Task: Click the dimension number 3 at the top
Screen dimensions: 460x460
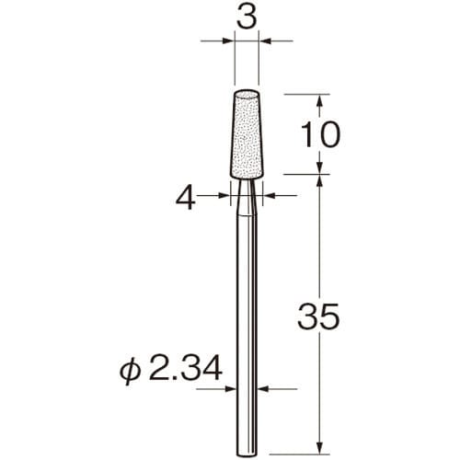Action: click(247, 18)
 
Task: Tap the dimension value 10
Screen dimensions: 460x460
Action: click(321, 134)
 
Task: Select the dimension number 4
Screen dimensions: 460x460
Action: click(186, 198)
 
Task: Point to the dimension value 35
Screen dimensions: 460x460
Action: click(318, 316)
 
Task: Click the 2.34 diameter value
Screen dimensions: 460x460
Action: click(185, 368)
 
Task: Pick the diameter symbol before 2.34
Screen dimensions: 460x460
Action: click(130, 371)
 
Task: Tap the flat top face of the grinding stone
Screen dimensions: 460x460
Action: click(247, 94)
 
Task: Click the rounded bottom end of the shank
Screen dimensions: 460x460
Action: click(247, 454)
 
